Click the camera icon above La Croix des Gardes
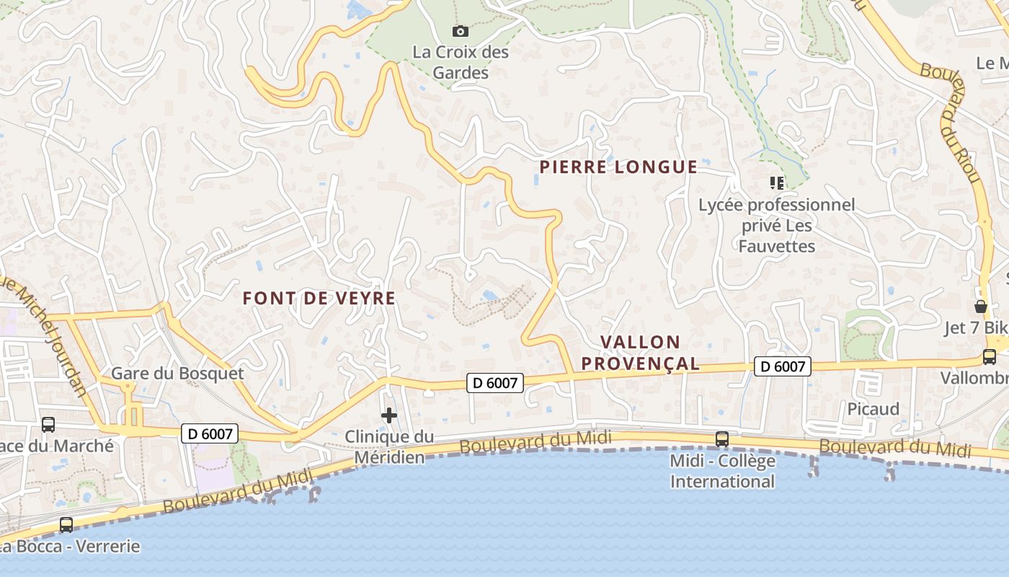tap(460, 31)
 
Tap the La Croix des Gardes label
tap(461, 63)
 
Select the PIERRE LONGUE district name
tap(618, 167)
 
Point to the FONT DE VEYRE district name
tap(319, 298)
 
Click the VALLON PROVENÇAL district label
tap(641, 353)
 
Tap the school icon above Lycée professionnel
tap(776, 183)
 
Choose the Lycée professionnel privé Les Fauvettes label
tap(777, 226)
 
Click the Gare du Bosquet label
tap(177, 374)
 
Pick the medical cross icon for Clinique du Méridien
tap(389, 415)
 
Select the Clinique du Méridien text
tap(389, 446)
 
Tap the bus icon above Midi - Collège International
tap(721, 439)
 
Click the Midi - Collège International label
tap(723, 471)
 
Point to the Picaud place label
tap(873, 409)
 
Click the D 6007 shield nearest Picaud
tap(783, 366)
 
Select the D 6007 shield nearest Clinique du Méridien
tap(494, 383)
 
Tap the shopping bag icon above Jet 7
tap(980, 307)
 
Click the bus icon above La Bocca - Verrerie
tap(66, 525)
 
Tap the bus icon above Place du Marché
tap(48, 425)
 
